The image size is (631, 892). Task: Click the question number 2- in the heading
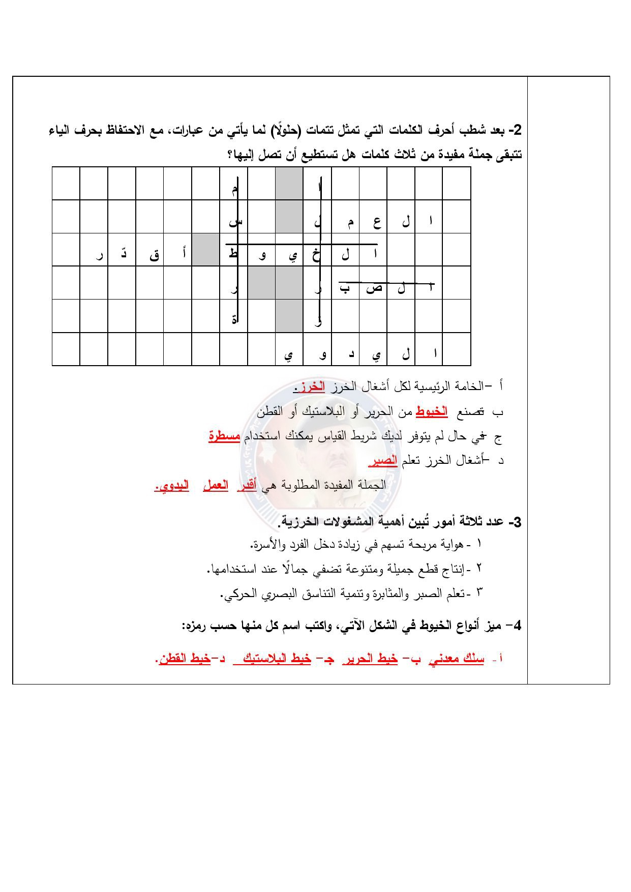[x=515, y=130]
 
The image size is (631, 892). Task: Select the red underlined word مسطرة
[x=224, y=436]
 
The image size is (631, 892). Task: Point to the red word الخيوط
[x=432, y=411]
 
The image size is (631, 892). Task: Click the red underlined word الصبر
[x=383, y=461]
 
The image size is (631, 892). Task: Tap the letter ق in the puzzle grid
[x=154, y=255]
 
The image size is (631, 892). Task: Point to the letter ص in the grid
[x=374, y=289]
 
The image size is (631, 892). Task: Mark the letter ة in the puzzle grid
[x=234, y=320]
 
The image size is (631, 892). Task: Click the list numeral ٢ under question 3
[x=478, y=568]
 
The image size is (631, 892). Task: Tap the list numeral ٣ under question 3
[x=478, y=592]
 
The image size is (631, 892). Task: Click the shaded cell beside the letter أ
[x=205, y=250]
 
